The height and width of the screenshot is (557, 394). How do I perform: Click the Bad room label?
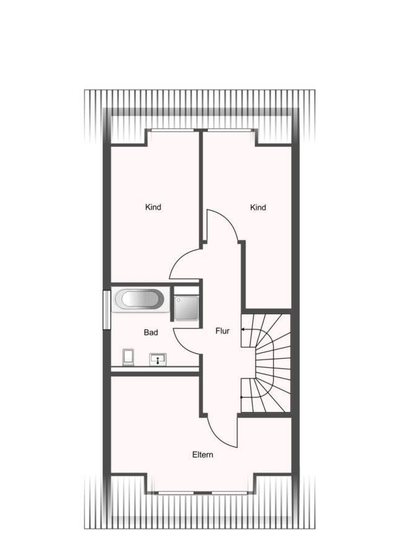tap(151, 332)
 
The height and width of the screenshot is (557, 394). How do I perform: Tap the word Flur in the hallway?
tap(222, 331)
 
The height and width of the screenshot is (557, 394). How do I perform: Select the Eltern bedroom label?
tap(203, 455)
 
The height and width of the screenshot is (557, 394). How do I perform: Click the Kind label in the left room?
tap(153, 207)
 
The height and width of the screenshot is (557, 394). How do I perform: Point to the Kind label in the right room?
tap(258, 207)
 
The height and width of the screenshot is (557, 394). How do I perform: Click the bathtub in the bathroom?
tap(140, 299)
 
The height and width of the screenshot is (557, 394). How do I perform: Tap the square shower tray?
tap(186, 308)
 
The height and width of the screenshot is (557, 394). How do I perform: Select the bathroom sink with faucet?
tap(157, 359)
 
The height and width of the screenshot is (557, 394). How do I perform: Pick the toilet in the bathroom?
tap(128, 357)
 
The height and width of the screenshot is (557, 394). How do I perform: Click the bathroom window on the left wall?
tap(107, 310)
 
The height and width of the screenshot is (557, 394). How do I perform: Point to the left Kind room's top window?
tap(173, 131)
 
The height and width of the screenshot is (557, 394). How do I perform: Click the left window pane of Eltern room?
tap(176, 493)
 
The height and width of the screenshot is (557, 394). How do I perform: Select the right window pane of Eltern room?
tap(229, 493)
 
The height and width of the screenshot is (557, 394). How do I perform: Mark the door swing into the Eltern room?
tap(217, 437)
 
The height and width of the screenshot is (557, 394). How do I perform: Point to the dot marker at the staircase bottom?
tap(242, 397)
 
